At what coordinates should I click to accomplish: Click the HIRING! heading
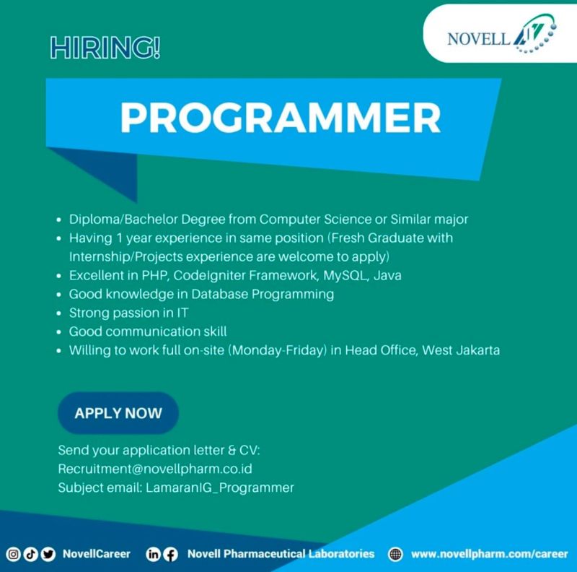pyautogui.click(x=105, y=48)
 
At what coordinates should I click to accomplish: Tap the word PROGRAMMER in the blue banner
pyautogui.click(x=281, y=118)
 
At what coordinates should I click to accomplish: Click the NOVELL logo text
pyautogui.click(x=479, y=39)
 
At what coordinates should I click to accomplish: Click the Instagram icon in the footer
pyautogui.click(x=13, y=554)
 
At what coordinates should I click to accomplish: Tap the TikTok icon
pyautogui.click(x=30, y=554)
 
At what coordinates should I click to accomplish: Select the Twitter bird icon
pyautogui.click(x=48, y=554)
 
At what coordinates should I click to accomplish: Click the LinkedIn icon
pyautogui.click(x=153, y=554)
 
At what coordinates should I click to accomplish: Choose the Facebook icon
pyautogui.click(x=170, y=554)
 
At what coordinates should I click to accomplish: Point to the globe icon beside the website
pyautogui.click(x=395, y=554)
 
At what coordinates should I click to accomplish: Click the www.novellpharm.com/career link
pyautogui.click(x=490, y=554)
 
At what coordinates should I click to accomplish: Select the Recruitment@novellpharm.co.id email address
pyautogui.click(x=155, y=469)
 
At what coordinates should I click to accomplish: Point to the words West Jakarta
pyautogui.click(x=461, y=350)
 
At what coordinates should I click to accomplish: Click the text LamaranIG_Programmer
pyautogui.click(x=220, y=487)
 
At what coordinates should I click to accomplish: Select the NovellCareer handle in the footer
pyautogui.click(x=97, y=554)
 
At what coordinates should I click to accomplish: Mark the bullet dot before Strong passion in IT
pyautogui.click(x=59, y=313)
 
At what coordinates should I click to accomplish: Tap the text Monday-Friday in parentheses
pyautogui.click(x=278, y=350)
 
